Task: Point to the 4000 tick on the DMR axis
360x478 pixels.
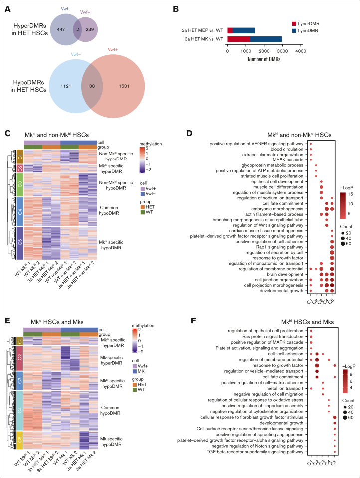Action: tap(300, 50)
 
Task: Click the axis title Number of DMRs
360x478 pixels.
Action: tap(263, 59)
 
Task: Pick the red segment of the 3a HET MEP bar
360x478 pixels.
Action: tap(230, 30)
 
